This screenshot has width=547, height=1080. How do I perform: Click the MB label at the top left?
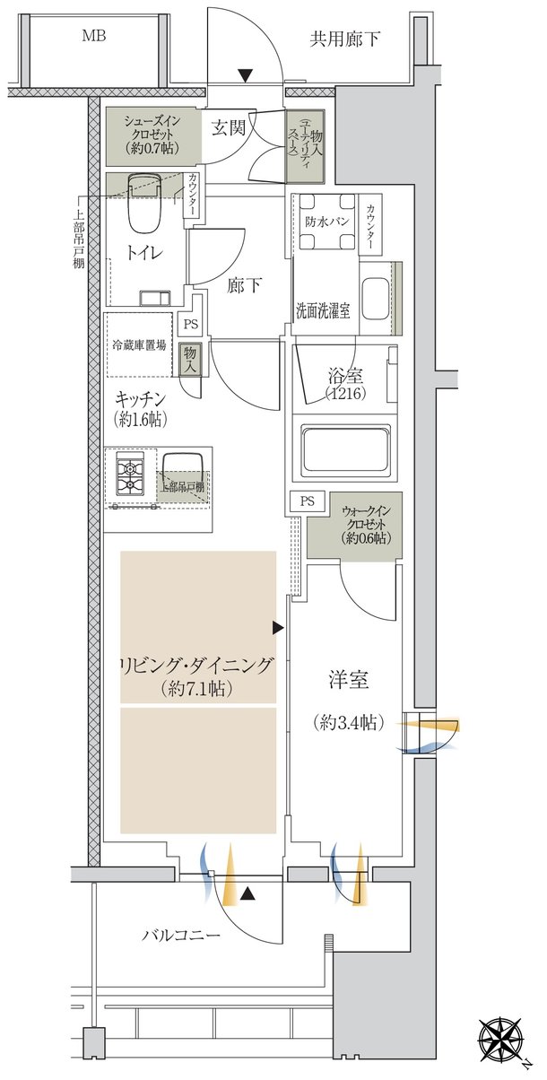94,35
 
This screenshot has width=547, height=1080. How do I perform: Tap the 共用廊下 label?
344,39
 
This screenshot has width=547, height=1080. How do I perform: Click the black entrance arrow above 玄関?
246,75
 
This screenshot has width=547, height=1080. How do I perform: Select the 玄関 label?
229,127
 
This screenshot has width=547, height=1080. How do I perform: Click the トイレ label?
144,253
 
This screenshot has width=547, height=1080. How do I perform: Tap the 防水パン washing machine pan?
327,222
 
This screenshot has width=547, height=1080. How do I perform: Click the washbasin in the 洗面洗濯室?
375,298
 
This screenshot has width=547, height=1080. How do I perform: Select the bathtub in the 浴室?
345,450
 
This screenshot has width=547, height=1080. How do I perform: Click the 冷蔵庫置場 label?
139,345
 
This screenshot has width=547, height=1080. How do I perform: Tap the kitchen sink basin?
183,472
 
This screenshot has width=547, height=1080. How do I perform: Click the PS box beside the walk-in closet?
308,501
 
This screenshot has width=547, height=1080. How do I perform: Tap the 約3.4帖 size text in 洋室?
349,722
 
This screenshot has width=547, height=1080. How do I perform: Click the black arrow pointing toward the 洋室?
278,628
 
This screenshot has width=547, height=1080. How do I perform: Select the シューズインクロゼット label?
152,135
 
